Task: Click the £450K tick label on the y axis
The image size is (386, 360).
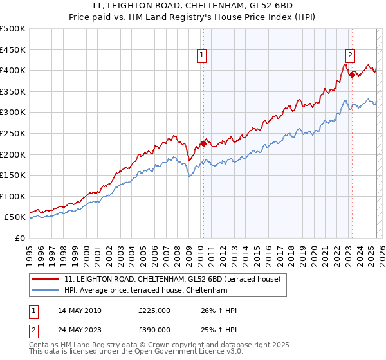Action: [x=13, y=50]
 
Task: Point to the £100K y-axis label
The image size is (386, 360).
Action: [x=13, y=196]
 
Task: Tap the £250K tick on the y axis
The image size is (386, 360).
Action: [x=13, y=133]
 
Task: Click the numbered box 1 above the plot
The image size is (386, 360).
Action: [x=202, y=56]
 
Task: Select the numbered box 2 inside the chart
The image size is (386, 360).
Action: [x=350, y=55]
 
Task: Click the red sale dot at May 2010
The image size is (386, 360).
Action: [x=203, y=143]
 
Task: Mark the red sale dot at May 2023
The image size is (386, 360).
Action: [x=352, y=75]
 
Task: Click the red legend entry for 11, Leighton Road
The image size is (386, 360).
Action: [x=172, y=280]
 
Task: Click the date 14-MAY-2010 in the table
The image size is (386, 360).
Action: [x=79, y=310]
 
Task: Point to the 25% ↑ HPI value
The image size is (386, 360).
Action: [x=219, y=329]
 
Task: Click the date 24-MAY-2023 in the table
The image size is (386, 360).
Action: [x=79, y=329]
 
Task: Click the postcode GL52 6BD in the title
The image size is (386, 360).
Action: [x=254, y=6]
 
